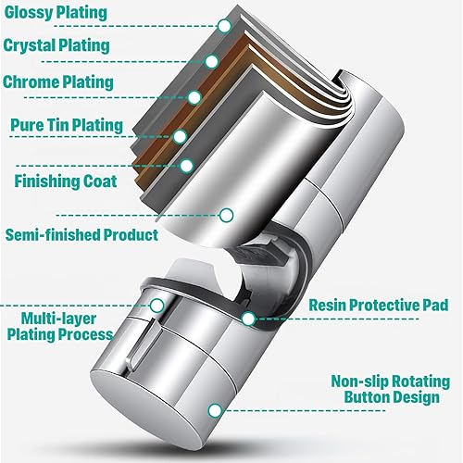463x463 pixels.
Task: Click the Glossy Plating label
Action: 56,13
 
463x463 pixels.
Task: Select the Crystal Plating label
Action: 56,45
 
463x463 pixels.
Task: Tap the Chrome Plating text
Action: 58,82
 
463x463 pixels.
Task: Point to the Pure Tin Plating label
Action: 67,125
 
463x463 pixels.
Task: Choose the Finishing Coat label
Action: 66,181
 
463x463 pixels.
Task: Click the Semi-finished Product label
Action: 81,235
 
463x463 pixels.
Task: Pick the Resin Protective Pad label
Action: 379,306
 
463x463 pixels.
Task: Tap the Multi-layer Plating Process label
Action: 59,327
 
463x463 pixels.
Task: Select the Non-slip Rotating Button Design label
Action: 391,389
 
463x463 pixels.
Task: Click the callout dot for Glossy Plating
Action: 224,26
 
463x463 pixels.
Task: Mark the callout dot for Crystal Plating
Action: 212,61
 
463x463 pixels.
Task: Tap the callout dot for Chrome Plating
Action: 194,97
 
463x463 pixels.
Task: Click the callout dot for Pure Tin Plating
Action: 181,136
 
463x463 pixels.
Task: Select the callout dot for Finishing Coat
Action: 186,166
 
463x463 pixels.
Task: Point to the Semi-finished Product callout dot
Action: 227,215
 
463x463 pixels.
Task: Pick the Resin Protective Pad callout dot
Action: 248,319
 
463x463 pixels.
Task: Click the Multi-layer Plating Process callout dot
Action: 157,306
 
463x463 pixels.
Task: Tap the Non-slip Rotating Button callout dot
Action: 215,411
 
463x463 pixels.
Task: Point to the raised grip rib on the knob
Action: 143,344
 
